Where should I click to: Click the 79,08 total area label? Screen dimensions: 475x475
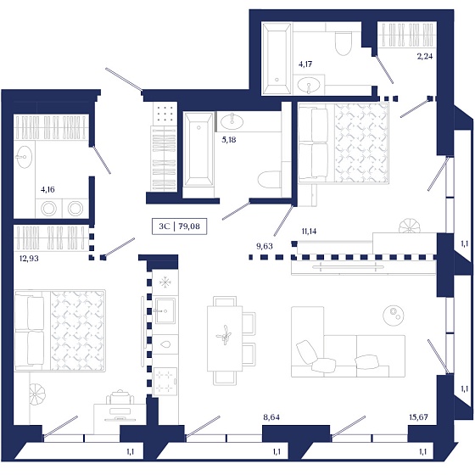189,226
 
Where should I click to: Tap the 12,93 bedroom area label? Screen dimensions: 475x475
29,259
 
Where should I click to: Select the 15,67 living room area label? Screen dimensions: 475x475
418,417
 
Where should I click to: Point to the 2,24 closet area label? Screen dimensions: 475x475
425,56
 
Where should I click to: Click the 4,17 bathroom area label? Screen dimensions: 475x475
305,64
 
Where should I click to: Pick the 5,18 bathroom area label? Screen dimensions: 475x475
229,140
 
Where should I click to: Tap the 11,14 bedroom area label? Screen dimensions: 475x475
309,232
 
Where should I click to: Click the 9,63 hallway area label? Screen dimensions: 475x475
265,246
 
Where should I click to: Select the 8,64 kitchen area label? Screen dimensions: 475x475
271,417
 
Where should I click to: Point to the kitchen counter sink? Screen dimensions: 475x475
165,310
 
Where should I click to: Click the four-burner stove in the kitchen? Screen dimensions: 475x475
165,382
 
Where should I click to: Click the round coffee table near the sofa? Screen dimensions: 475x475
394,316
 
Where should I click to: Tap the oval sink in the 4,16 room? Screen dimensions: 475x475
25,157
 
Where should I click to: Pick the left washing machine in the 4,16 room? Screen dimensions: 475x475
48,209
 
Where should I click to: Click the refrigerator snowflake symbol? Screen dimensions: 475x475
165,283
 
